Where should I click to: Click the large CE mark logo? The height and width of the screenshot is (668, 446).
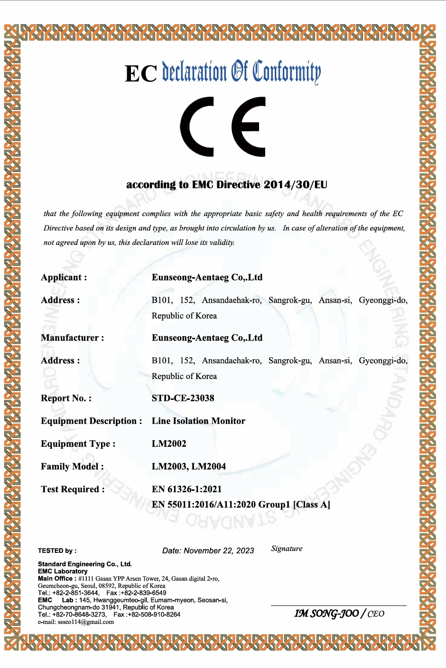point(223,126)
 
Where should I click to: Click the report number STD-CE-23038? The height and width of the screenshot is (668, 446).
point(183,398)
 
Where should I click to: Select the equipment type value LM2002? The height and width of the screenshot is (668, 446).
point(169,443)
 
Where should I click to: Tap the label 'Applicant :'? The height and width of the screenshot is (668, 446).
point(64,277)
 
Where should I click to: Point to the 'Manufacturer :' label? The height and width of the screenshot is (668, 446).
point(72,338)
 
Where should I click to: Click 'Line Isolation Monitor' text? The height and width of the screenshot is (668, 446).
point(198,421)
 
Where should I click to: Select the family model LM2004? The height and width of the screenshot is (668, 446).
point(209,466)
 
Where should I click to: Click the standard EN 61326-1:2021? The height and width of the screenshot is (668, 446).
point(186,489)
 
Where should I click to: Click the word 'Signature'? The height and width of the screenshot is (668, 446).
point(287,549)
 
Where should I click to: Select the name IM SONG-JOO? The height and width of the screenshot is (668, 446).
point(326,614)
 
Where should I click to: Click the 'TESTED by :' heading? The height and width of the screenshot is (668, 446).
point(57,551)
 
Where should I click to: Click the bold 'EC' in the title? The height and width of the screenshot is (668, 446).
point(140,74)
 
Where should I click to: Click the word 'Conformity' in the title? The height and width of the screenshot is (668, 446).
point(287,72)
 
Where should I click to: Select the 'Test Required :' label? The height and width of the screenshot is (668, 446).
point(73,489)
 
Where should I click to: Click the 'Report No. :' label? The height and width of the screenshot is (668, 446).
point(66,398)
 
